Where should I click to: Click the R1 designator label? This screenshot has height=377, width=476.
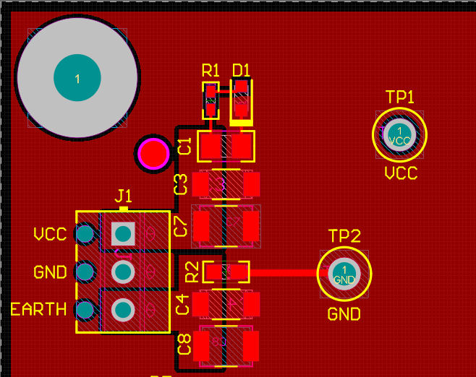coord(210,70)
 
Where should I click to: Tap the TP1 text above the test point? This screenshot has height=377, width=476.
coord(400,97)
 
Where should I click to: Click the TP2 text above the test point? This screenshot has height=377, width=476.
coord(344,236)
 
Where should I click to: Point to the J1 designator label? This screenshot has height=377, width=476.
coord(124,196)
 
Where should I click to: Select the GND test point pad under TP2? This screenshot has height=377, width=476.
coord(344,274)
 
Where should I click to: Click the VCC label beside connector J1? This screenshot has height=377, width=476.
coord(50,234)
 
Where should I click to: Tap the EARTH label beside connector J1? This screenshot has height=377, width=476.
coord(38,310)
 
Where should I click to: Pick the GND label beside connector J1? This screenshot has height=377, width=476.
coord(50,272)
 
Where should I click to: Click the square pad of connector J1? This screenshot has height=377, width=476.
coord(123,233)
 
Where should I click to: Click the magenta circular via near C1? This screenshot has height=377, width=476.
coord(153,153)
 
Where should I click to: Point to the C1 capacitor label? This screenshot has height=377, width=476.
coord(184,146)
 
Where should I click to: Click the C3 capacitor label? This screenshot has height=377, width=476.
coord(182,184)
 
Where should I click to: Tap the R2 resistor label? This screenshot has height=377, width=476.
coord(192,272)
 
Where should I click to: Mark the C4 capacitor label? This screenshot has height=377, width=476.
coord(183,304)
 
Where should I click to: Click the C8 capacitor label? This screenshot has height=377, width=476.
coord(184,344)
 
